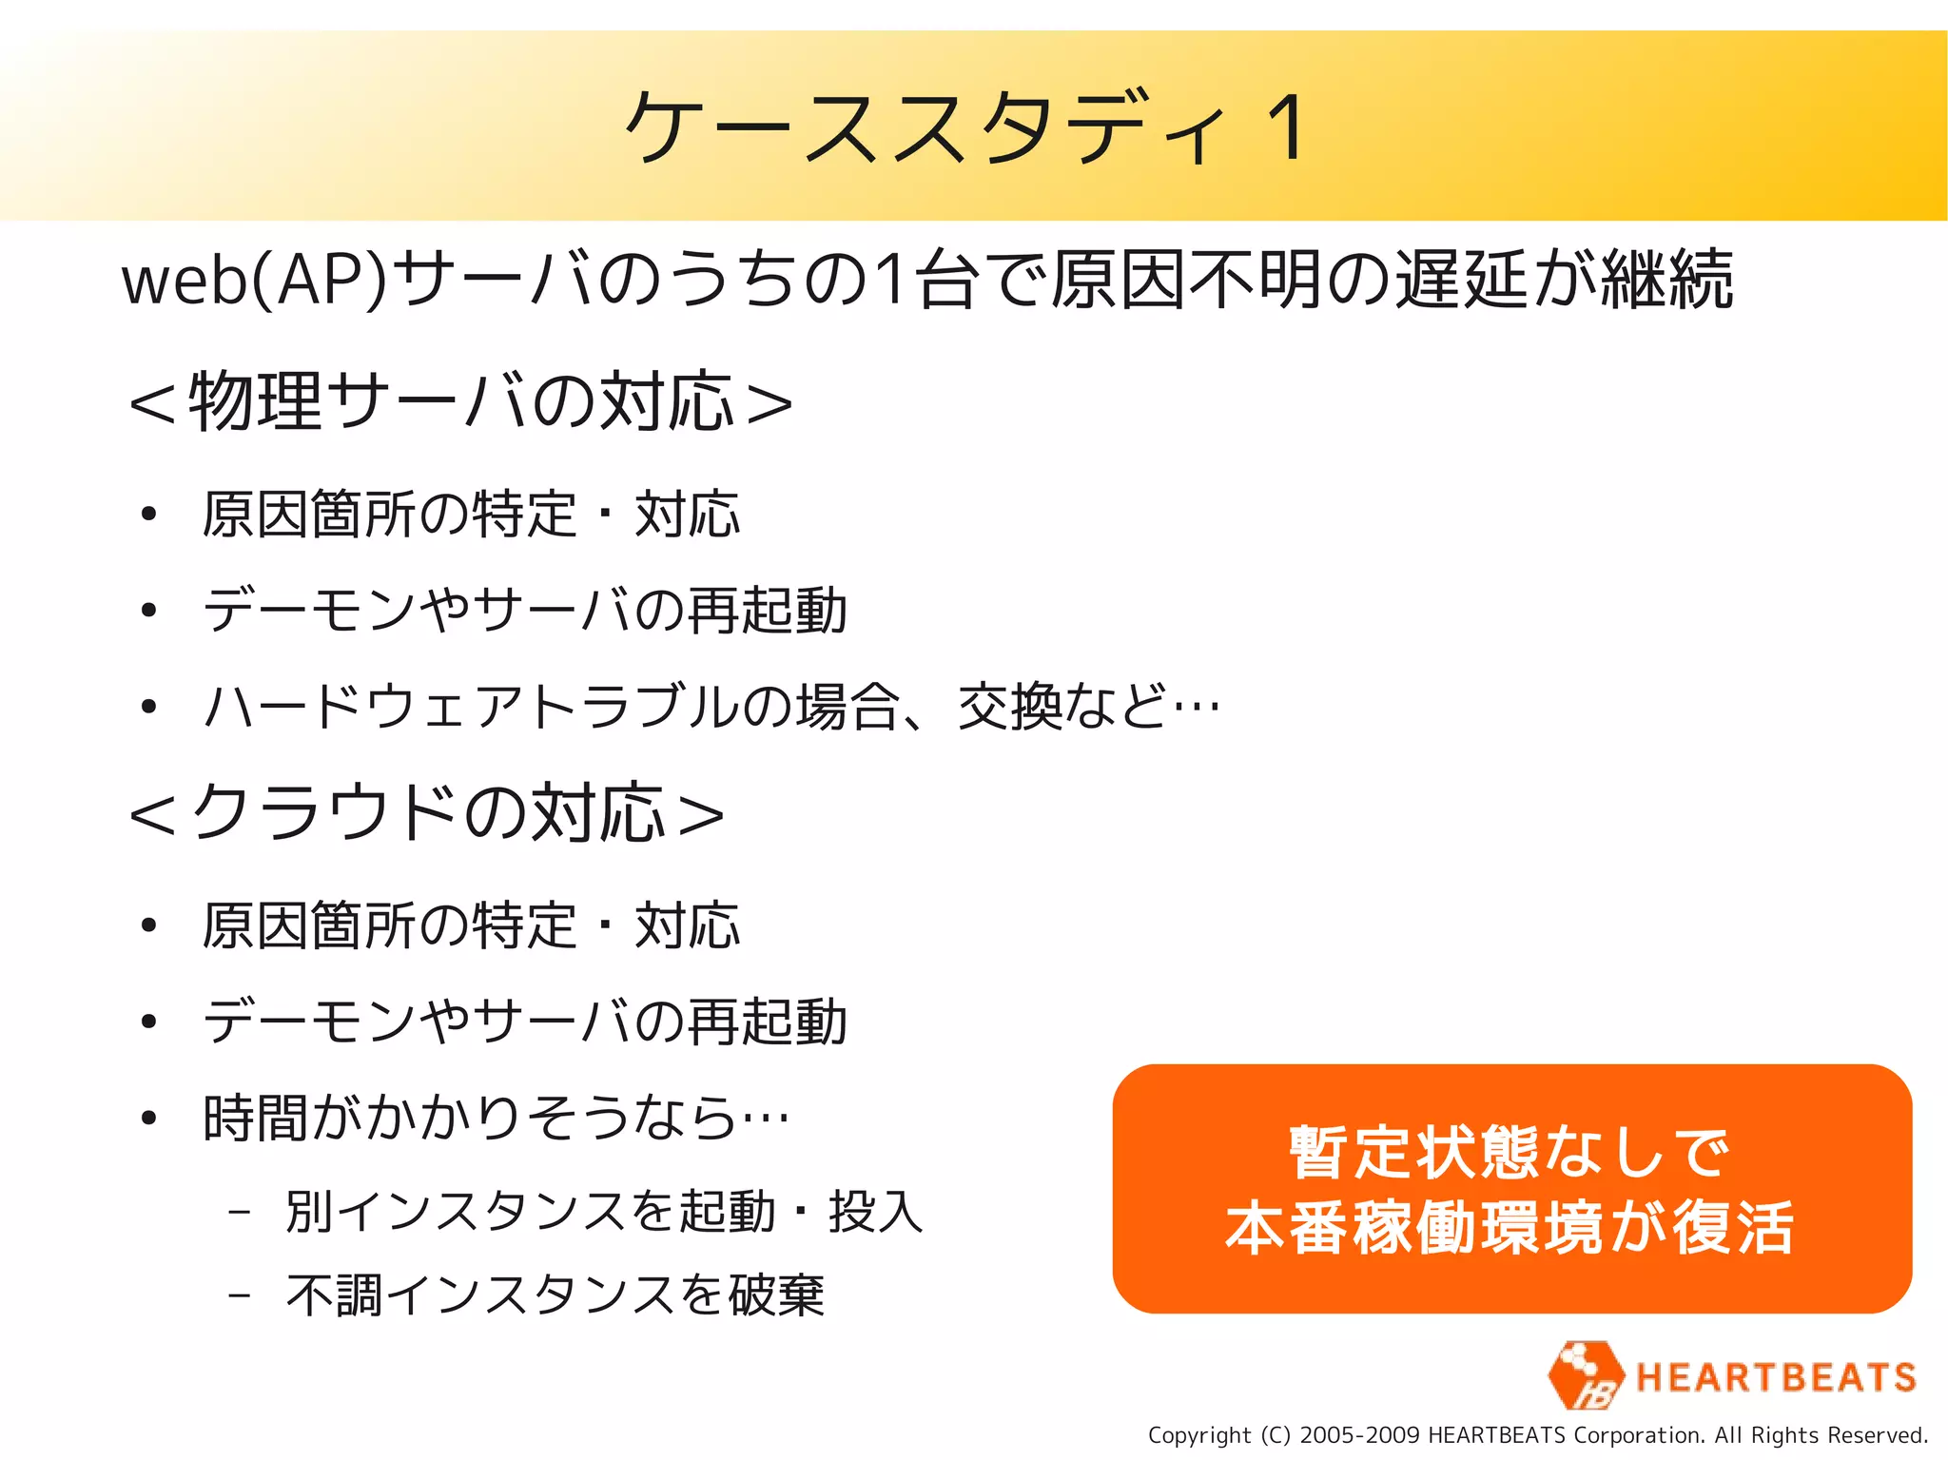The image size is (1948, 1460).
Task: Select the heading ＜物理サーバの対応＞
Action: point(461,401)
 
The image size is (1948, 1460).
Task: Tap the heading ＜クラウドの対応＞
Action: point(427,813)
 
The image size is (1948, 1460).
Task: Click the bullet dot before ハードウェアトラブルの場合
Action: point(147,707)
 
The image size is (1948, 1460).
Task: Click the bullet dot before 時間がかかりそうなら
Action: point(147,1118)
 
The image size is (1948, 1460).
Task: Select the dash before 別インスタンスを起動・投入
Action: point(240,1213)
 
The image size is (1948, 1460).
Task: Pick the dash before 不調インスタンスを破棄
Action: point(240,1295)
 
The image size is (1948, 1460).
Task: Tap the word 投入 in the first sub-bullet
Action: point(875,1213)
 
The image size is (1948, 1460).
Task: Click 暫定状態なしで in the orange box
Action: point(1510,1152)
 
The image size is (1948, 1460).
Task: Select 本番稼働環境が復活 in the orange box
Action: point(1510,1228)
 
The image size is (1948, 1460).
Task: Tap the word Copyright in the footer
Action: point(1199,1435)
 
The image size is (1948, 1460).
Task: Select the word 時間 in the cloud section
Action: point(255,1118)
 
